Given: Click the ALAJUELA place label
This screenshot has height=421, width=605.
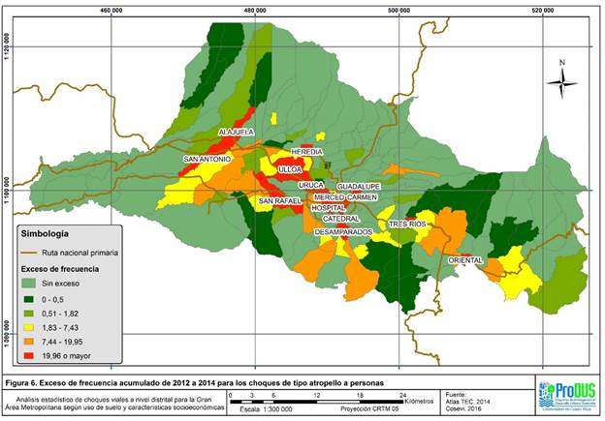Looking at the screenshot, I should pos(237,131).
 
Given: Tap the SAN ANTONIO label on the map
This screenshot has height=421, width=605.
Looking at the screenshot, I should pos(207,159).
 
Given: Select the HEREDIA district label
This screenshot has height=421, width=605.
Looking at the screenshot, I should pos(305,154).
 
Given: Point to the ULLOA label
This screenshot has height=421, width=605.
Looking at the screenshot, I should pos(290,169).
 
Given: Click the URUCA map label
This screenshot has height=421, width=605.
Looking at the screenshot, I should pos(311,184).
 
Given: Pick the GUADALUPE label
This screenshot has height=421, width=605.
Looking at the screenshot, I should pos(359,185).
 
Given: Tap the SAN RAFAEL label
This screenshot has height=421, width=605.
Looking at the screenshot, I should pos(280,200).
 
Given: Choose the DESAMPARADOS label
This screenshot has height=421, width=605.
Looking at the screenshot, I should pos(344,232).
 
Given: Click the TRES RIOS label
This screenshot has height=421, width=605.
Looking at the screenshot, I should pos(407,224).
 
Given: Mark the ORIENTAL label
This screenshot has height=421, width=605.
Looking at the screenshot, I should pos(466,259).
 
